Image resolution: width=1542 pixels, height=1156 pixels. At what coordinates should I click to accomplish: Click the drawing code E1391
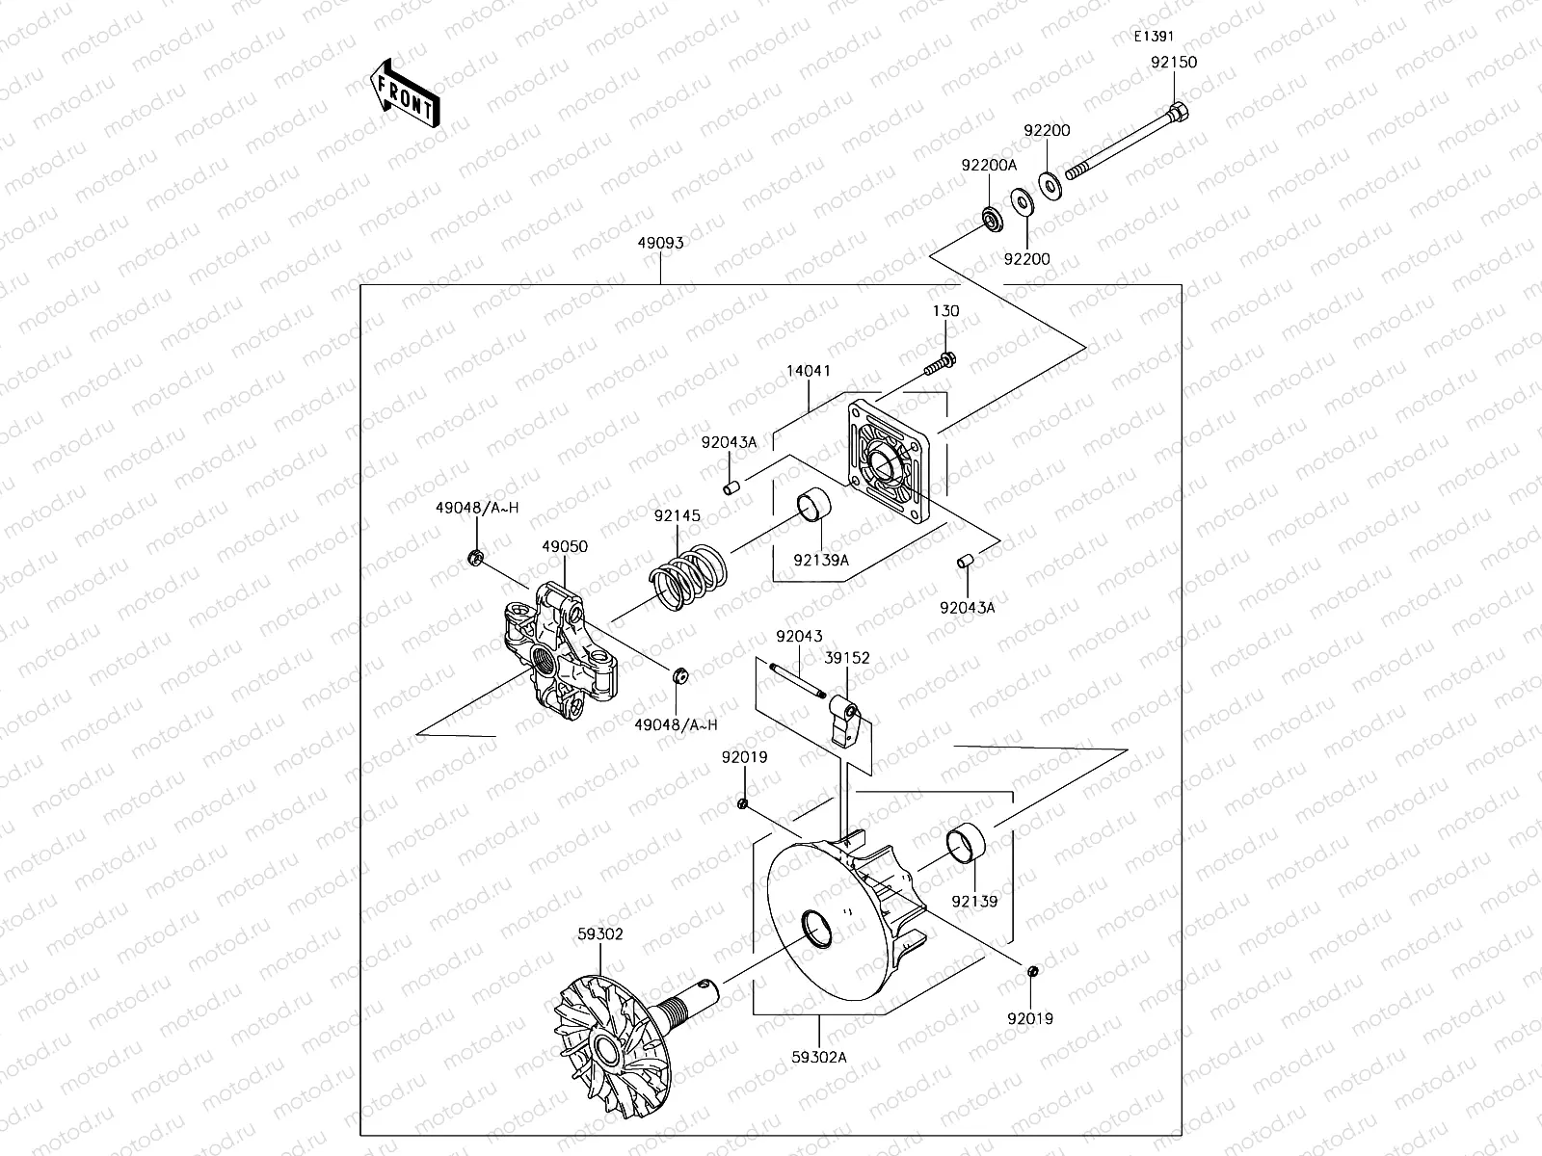(x=1153, y=37)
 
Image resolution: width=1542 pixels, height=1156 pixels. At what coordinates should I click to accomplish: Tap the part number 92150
(x=1174, y=62)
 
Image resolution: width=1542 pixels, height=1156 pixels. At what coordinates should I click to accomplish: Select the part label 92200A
(x=989, y=166)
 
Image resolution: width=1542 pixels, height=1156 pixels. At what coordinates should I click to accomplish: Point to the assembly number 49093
(x=660, y=243)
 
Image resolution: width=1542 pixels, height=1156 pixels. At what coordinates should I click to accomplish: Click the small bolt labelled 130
(x=943, y=363)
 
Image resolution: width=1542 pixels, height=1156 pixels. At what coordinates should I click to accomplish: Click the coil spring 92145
(x=688, y=581)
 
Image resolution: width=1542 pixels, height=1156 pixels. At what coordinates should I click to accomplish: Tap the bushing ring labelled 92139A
(x=813, y=508)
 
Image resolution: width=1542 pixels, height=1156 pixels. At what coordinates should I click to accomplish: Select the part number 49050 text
(x=565, y=546)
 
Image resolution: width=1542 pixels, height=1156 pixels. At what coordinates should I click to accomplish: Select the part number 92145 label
(x=678, y=516)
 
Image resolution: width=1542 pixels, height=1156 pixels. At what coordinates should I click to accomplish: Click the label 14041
(x=808, y=371)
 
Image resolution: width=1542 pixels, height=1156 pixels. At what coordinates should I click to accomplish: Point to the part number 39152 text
(x=847, y=658)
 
